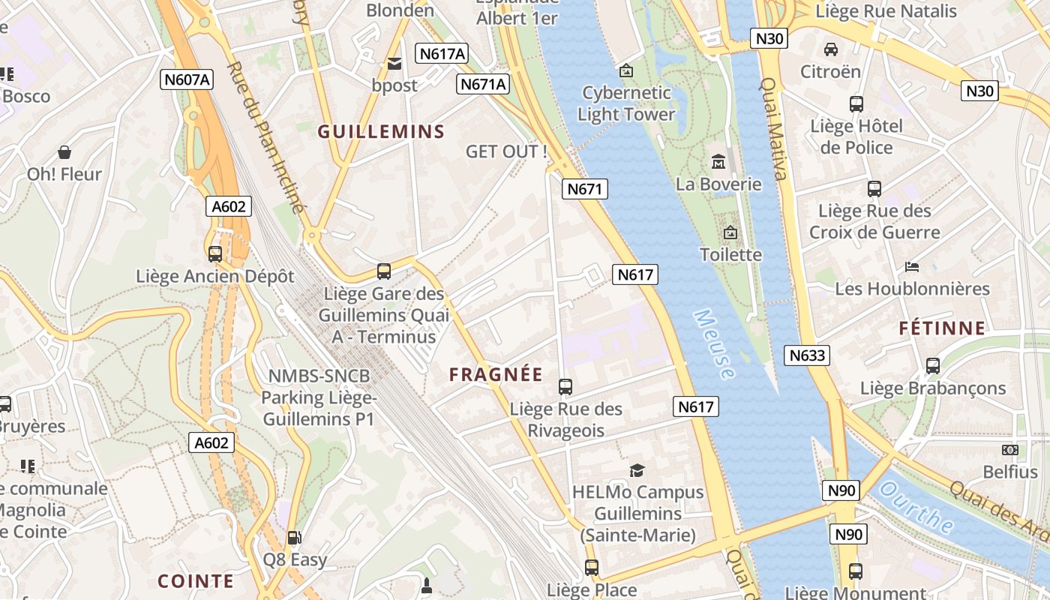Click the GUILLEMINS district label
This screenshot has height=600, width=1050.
(381, 132)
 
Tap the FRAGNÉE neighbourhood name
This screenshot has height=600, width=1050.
(496, 374)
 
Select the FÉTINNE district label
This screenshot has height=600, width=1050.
(943, 328)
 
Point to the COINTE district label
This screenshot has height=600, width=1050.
(196, 581)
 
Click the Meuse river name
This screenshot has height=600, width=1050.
(714, 344)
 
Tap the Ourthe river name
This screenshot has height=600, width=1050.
(916, 508)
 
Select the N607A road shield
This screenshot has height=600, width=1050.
(186, 79)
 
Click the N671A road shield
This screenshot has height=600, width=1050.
(484, 84)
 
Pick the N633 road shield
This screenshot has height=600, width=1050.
(807, 355)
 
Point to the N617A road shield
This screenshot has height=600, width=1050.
(442, 53)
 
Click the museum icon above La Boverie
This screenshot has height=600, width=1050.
(718, 161)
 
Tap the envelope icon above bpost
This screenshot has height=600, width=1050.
(394, 64)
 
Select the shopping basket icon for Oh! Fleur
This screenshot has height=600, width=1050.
(64, 152)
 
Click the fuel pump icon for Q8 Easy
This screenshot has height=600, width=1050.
(295, 537)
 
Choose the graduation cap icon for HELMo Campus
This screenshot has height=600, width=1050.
(637, 470)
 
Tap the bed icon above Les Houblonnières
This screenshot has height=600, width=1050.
(912, 266)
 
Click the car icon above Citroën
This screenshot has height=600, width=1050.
(830, 49)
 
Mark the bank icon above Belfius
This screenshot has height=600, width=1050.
(1010, 450)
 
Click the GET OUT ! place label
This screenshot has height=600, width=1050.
(506, 151)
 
